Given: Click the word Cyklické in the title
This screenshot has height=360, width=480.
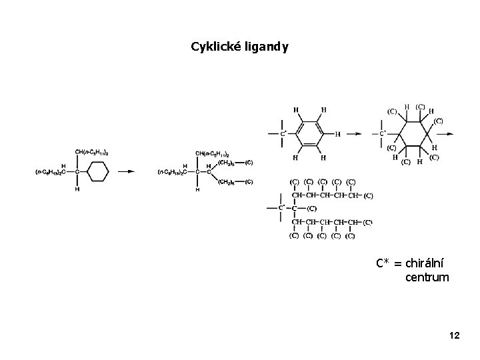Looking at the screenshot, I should (x=212, y=47).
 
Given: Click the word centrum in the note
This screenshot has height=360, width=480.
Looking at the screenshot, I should (x=427, y=277).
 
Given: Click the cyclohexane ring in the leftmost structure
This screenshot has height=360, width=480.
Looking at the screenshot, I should (x=97, y=171).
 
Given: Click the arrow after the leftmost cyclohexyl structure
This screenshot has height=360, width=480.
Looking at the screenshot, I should (x=126, y=171).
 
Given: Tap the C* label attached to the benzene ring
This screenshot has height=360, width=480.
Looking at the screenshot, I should (x=283, y=134).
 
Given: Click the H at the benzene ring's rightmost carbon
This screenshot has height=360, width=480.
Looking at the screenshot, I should (x=337, y=134).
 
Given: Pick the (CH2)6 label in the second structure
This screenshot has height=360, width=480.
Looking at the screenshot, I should (x=227, y=181).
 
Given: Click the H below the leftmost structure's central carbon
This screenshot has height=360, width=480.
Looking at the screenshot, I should (x=77, y=189).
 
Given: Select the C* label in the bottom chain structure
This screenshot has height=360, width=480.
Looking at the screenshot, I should (x=282, y=208).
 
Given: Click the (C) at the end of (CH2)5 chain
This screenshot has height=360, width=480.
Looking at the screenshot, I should (x=249, y=162).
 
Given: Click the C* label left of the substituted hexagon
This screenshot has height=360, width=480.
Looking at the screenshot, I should (x=383, y=134).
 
